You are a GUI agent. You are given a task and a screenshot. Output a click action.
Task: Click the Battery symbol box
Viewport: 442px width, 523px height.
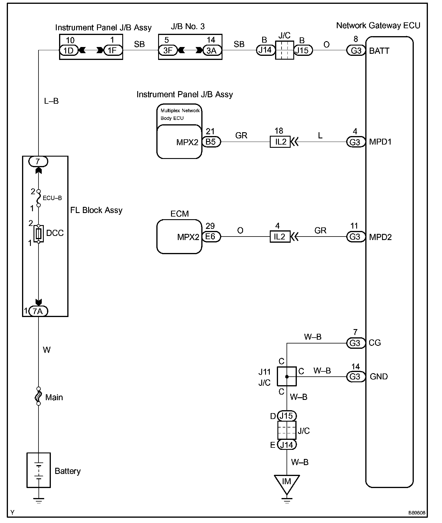click(x=38, y=470)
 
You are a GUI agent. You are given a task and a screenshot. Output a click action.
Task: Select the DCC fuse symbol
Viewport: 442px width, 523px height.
click(x=38, y=234)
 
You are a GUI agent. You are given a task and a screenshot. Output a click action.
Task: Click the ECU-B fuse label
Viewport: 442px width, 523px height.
click(x=52, y=198)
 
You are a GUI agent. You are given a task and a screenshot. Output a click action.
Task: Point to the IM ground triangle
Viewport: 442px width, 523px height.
click(x=287, y=484)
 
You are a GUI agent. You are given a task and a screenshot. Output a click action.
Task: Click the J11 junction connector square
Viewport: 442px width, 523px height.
click(x=287, y=376)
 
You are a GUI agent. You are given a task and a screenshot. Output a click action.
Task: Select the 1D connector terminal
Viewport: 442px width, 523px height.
click(x=69, y=51)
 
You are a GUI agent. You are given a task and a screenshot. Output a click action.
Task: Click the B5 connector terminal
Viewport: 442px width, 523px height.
click(x=211, y=142)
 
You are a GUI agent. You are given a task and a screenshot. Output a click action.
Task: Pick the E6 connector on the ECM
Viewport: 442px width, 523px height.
click(x=211, y=237)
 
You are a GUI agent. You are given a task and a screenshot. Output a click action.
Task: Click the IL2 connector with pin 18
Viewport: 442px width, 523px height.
click(x=280, y=142)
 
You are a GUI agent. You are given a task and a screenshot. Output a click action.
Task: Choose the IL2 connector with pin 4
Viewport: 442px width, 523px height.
click(x=280, y=237)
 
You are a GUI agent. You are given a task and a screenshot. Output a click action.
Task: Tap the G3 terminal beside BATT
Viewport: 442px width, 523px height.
click(x=356, y=51)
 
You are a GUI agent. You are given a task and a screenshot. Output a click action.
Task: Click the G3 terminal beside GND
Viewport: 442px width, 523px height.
click(x=355, y=376)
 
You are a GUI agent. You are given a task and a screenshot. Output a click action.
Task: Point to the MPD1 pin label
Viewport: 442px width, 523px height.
click(x=380, y=142)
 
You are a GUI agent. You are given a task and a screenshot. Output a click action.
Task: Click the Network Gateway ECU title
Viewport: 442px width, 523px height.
click(x=378, y=26)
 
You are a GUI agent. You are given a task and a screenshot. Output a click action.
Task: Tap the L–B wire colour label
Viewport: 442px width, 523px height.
click(x=51, y=101)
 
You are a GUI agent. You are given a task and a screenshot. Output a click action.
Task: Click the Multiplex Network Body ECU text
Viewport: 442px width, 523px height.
click(x=180, y=114)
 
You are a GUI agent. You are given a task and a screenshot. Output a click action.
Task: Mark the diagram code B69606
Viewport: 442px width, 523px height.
click(x=416, y=513)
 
